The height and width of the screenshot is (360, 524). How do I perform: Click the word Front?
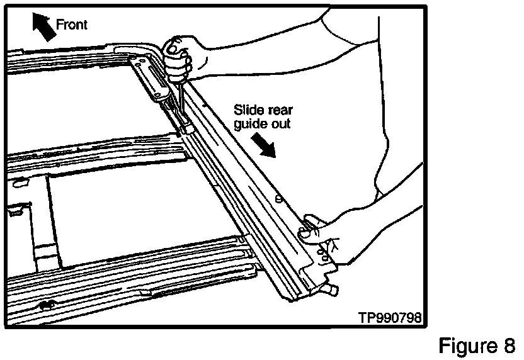point(72,25)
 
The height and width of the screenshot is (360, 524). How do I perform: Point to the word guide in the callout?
point(250,123)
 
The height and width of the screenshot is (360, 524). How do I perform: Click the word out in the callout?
point(282,123)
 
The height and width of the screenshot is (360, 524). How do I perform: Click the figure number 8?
point(509,346)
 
